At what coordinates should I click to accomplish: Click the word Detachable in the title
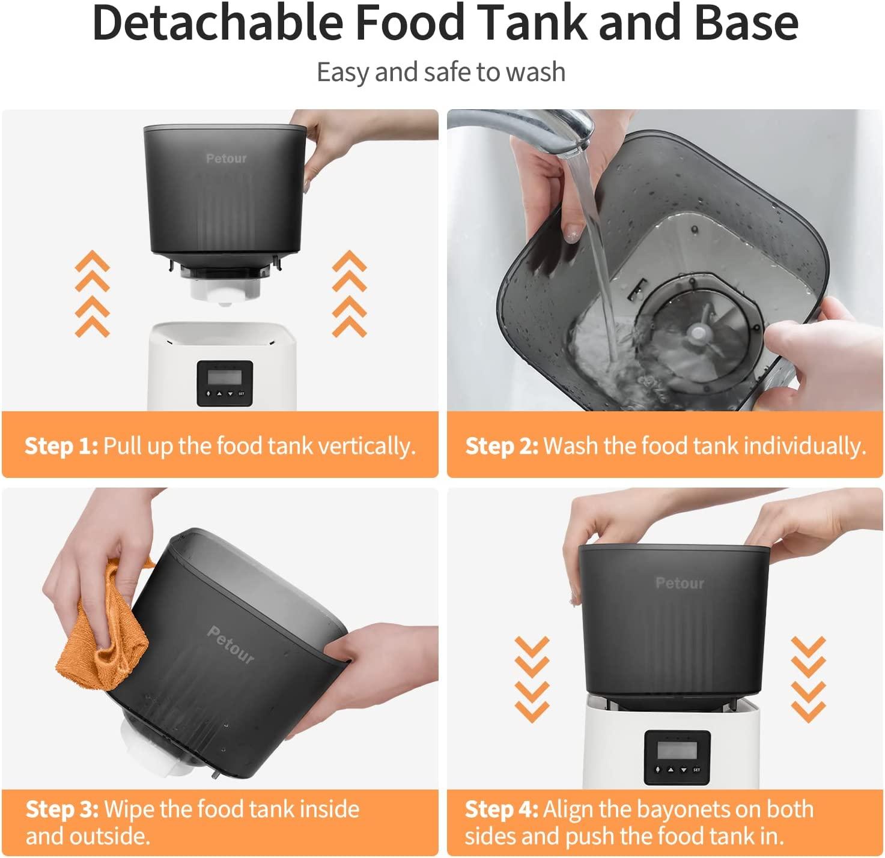pos(218,23)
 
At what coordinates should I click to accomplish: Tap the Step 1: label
pos(61,446)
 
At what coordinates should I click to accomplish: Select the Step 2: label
pos(502,446)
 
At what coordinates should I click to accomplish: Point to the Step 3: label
pos(62,809)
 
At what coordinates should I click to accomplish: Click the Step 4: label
pos(502,809)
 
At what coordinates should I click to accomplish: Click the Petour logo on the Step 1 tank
pos(226,159)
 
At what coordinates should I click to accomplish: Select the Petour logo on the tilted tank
pos(231,644)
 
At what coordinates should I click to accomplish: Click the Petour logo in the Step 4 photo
pos(680,582)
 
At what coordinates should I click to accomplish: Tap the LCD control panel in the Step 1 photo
pos(225,382)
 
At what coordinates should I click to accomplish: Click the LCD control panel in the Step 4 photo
pos(677,757)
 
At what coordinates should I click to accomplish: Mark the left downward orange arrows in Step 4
pos(532,678)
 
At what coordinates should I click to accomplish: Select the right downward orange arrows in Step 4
pos(807,678)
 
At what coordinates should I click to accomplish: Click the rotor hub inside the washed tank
pos(698,331)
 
